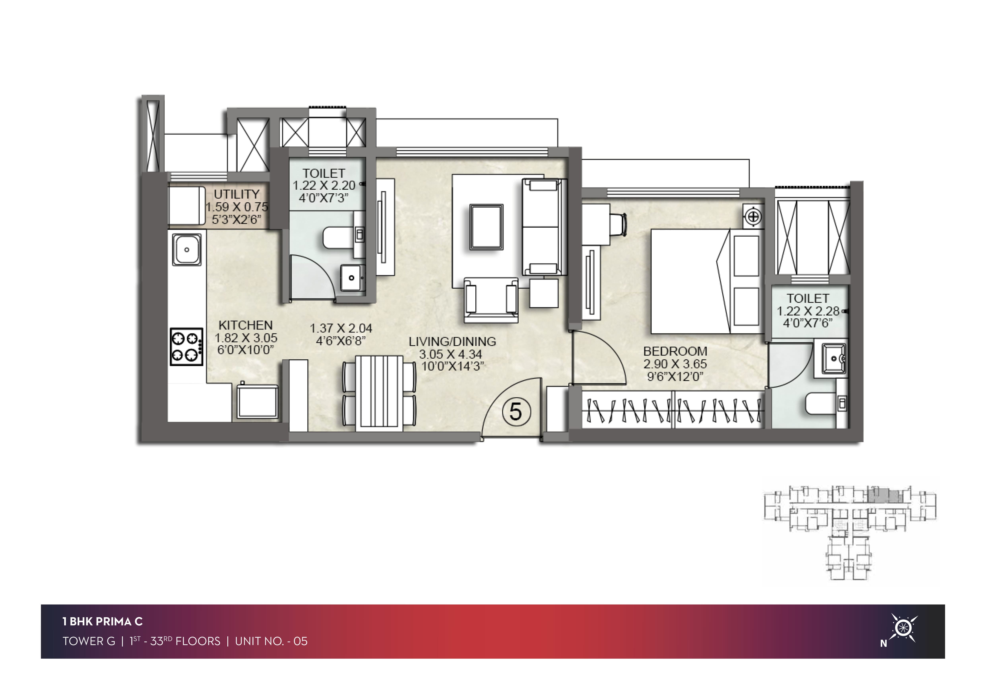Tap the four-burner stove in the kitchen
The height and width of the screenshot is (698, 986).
pyautogui.click(x=186, y=347)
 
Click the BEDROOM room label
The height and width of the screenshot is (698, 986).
pyautogui.click(x=675, y=351)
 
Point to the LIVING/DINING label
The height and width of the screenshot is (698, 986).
pyautogui.click(x=452, y=342)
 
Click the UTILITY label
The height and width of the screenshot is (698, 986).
pyautogui.click(x=237, y=194)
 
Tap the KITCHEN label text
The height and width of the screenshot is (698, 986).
pyautogui.click(x=246, y=325)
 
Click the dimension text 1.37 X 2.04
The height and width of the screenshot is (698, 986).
pyautogui.click(x=341, y=328)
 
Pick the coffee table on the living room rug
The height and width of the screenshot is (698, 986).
pyautogui.click(x=487, y=227)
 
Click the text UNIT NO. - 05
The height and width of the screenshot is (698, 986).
pyautogui.click(x=271, y=641)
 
